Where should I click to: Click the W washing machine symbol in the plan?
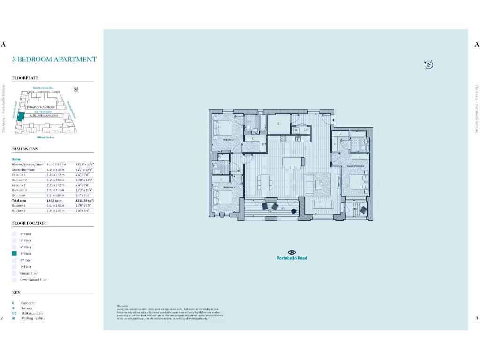(x=296, y=130)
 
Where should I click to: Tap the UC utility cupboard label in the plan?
(x=306, y=130)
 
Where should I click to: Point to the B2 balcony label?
(x=355, y=209)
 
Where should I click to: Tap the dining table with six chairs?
(x=265, y=182)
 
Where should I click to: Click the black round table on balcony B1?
(x=294, y=211)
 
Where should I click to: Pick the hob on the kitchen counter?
(x=284, y=138)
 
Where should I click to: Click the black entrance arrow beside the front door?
(x=333, y=120)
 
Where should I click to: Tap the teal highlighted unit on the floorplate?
(x=21, y=117)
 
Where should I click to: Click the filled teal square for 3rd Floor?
(x=15, y=253)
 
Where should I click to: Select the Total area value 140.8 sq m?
(x=48, y=200)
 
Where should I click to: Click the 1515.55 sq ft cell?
(x=85, y=200)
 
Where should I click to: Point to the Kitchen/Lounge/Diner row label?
(x=27, y=165)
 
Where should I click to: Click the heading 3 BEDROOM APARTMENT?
(x=54, y=59)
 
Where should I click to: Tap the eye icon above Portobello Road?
(x=292, y=252)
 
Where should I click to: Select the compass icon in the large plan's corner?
(x=428, y=65)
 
